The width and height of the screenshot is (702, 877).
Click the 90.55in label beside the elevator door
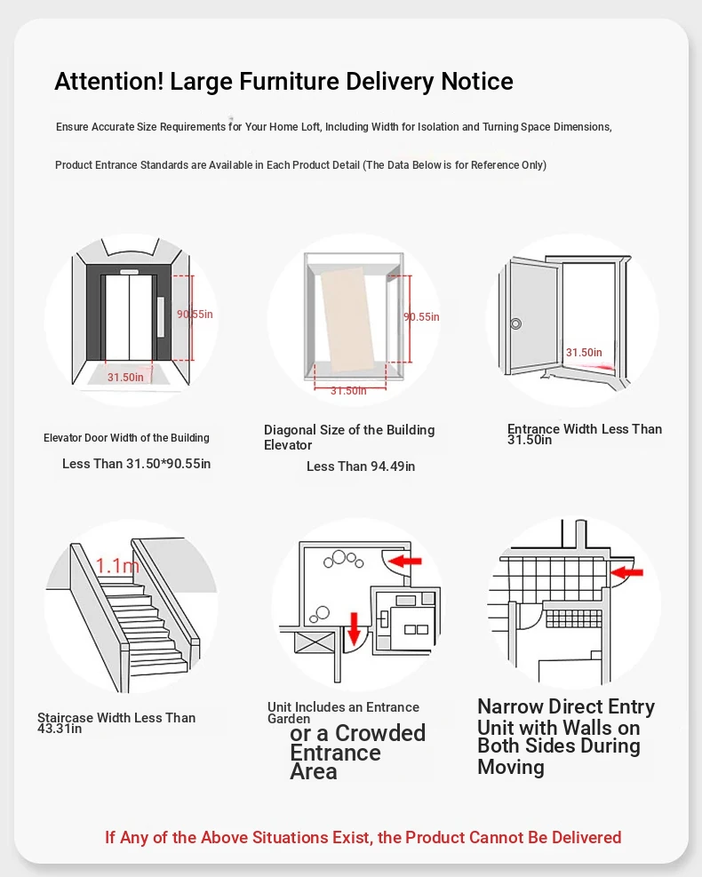pyautogui.click(x=195, y=314)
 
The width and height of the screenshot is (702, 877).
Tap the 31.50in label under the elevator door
pyautogui.click(x=125, y=377)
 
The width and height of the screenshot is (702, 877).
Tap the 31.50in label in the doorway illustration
pyautogui.click(x=584, y=353)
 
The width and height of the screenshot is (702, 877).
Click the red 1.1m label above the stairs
pyautogui.click(x=117, y=565)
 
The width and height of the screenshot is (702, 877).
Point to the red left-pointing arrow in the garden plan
pyautogui.click(x=406, y=562)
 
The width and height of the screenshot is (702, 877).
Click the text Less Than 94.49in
pyautogui.click(x=361, y=466)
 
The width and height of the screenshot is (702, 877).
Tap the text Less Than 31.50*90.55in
pyautogui.click(x=136, y=464)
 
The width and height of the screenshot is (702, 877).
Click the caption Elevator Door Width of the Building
pyautogui.click(x=126, y=438)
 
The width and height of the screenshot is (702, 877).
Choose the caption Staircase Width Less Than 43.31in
pyautogui.click(x=116, y=722)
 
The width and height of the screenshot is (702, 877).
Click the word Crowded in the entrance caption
pyautogui.click(x=380, y=734)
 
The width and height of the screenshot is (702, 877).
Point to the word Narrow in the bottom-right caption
pyautogui.click(x=515, y=707)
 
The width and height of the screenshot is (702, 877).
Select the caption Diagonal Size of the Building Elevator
pyautogui.click(x=349, y=437)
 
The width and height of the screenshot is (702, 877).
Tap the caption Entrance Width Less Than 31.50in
pyautogui.click(x=584, y=434)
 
